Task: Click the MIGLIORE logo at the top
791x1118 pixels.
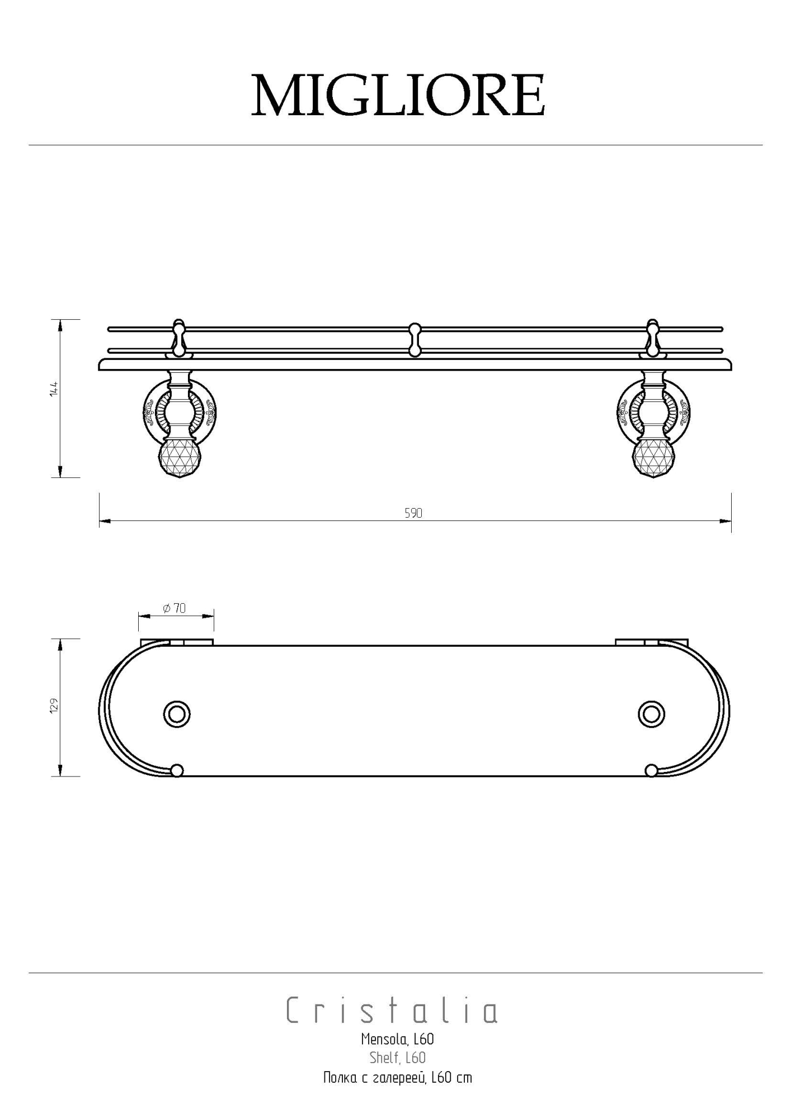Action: tap(398, 95)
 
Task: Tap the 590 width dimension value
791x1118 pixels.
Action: tap(413, 513)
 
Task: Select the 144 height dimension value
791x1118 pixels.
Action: tap(54, 389)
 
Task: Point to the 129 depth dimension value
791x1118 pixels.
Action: tap(54, 705)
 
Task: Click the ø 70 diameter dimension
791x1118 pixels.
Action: tap(175, 608)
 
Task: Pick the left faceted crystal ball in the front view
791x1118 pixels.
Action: tap(178, 458)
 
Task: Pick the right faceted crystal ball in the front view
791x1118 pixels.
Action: tap(652, 458)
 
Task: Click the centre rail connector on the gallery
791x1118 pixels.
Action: tap(415, 339)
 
